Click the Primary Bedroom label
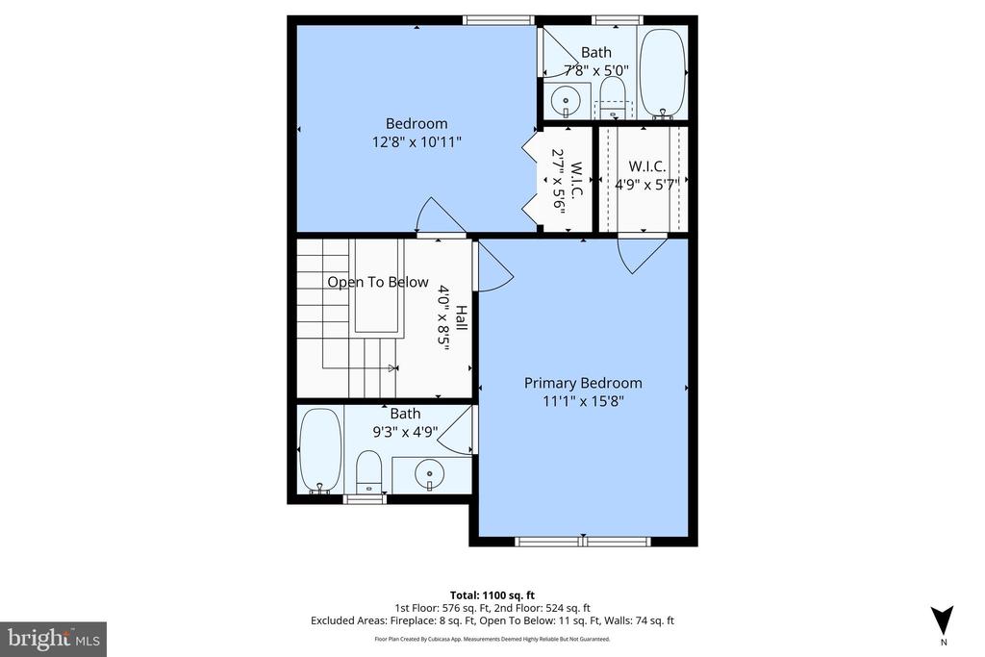coord(583,383)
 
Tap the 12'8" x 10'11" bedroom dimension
coord(417,142)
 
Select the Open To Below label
coord(377,282)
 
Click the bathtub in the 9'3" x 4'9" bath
coord(320,449)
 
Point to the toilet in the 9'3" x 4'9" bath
coord(369,470)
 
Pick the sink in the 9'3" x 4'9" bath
coord(431,473)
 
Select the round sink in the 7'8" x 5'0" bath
coord(566,98)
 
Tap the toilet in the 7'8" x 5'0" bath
coord(611,97)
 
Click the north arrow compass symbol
coord(943,619)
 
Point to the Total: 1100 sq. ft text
coord(492,594)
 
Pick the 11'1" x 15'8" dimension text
coord(583,402)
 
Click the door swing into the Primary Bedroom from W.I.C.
coord(640,255)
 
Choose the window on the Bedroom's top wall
coord(498,19)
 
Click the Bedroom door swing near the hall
coord(431,216)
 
